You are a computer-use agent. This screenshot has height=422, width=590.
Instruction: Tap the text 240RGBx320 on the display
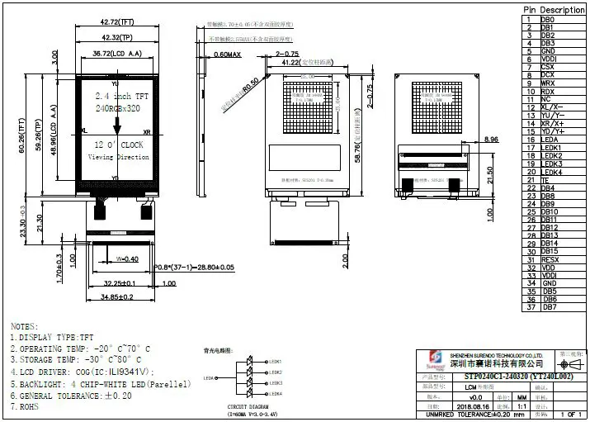117,108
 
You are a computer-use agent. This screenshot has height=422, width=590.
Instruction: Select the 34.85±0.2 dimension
117,295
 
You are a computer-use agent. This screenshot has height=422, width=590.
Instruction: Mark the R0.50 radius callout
251,85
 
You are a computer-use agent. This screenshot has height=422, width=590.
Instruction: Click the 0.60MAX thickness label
226,55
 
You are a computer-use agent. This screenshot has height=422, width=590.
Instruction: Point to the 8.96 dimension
491,139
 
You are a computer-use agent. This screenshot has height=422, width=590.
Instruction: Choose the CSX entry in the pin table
547,67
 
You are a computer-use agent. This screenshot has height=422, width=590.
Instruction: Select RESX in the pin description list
550,259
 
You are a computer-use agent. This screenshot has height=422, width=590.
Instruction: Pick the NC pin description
546,99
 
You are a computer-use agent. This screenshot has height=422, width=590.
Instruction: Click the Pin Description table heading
554,10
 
